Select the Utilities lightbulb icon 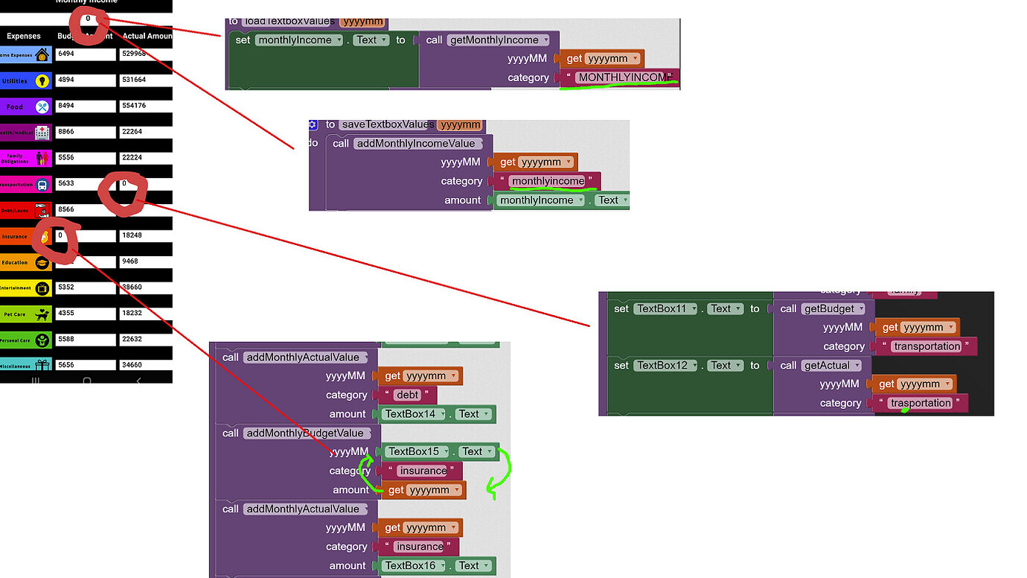tap(42, 81)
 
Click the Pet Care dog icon tap(42, 314)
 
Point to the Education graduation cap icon tap(42, 263)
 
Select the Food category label tap(15, 107)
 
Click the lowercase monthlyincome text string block tap(548, 181)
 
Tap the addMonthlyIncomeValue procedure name tap(419, 143)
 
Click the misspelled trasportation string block tap(921, 403)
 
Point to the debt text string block tap(408, 395)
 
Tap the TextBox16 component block tap(415, 565)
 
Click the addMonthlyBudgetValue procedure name tap(304, 433)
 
